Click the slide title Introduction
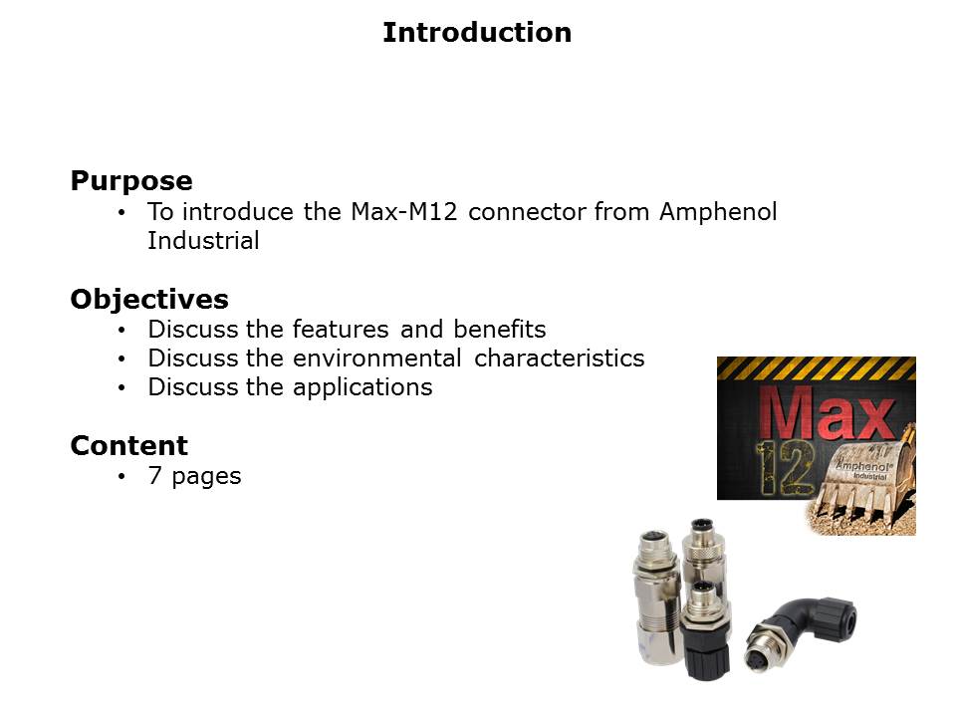477,32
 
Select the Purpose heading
131,181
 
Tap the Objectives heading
149,300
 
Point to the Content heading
129,446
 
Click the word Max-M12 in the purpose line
403,211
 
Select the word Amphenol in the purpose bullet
718,211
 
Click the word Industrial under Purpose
203,240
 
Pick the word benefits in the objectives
499,330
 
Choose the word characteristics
559,358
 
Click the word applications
362,387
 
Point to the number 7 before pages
155,476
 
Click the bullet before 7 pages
121,476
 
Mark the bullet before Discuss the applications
121,387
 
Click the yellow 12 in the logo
785,468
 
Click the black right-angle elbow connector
801,631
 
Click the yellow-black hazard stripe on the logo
817,367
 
